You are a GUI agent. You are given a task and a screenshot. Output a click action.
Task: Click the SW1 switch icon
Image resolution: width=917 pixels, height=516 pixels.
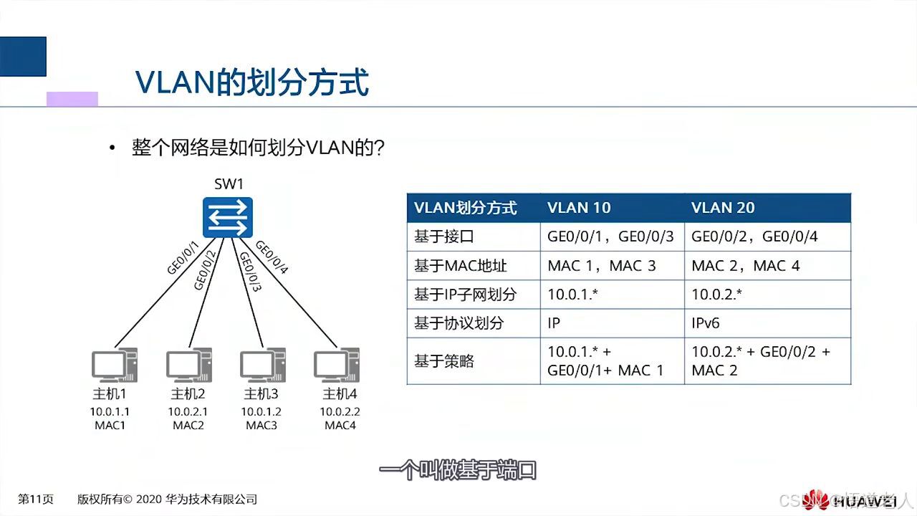(x=229, y=217)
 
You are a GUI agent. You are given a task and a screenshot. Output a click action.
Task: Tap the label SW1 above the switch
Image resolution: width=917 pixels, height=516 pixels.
(x=229, y=184)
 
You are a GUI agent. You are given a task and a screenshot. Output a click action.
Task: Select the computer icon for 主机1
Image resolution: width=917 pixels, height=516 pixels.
(x=114, y=365)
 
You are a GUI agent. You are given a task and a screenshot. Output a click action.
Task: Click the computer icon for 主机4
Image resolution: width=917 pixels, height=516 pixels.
(x=336, y=365)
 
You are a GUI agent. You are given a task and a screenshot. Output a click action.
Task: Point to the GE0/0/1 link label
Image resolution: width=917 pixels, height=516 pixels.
(x=183, y=258)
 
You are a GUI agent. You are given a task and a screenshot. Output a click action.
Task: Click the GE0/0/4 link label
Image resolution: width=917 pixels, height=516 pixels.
(x=272, y=257)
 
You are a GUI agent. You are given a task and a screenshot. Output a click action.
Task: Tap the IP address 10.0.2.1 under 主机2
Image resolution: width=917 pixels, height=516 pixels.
(x=188, y=412)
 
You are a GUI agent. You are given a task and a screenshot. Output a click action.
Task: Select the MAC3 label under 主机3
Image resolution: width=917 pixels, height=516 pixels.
(x=261, y=426)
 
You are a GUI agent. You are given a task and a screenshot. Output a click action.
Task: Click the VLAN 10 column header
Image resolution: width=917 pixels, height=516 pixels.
(x=579, y=208)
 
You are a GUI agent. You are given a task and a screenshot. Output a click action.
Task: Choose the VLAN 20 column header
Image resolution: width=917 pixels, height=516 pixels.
(x=723, y=208)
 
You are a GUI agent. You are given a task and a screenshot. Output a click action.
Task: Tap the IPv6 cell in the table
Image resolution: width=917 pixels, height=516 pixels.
(x=706, y=323)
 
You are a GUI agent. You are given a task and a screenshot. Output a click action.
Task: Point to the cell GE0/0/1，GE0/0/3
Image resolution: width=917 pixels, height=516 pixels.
(x=610, y=236)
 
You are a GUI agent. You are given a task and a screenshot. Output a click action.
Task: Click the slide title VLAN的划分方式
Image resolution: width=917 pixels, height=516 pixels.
(x=252, y=82)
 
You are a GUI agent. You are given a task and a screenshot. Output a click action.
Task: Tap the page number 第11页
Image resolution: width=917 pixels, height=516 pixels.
(x=36, y=500)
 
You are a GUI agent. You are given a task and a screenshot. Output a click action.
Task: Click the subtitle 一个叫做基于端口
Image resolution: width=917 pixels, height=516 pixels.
(x=458, y=471)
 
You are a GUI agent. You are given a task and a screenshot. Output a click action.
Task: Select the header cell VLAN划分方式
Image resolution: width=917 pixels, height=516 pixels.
(x=466, y=208)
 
